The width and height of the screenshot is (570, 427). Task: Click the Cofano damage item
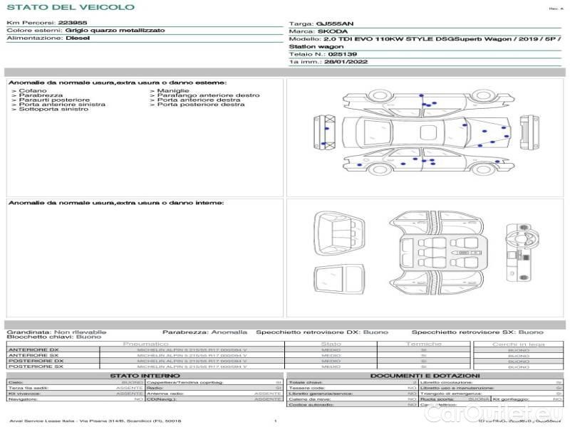[32, 91]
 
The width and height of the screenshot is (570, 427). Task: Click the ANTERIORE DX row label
[33, 350]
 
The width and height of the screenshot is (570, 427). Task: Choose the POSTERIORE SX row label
[35, 367]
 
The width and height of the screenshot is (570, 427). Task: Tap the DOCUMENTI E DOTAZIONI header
[425, 375]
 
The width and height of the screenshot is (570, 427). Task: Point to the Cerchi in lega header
[518, 344]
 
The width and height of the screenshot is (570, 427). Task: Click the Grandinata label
[28, 332]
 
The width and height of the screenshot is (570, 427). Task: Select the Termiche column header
[423, 344]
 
